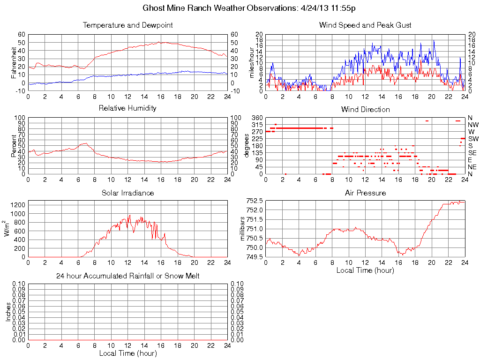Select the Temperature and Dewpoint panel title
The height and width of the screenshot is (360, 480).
tap(127, 25)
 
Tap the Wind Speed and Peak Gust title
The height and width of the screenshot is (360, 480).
tap(365, 25)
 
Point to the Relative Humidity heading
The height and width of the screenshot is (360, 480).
tap(127, 108)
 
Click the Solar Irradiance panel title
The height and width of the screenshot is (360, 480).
tap(127, 193)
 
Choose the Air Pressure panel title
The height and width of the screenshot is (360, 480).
tap(365, 193)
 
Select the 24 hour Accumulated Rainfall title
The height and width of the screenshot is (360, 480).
tap(127, 276)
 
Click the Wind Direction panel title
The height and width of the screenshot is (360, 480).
tap(365, 109)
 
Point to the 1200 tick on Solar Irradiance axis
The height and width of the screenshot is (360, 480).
tap(18, 204)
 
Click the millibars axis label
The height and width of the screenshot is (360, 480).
tap(243, 229)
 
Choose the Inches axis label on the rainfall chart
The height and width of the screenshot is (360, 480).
tap(8, 312)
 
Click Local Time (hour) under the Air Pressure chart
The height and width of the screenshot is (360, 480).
tap(365, 270)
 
